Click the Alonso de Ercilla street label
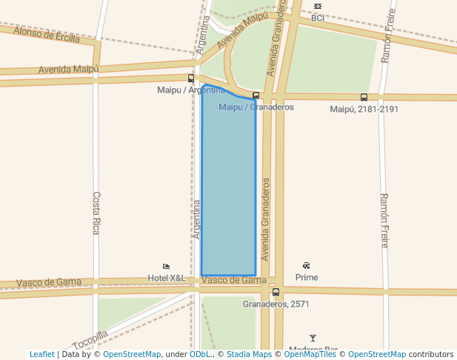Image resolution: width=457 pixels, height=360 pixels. pos(47,34)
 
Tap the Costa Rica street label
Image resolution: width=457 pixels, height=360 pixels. pos(96,213)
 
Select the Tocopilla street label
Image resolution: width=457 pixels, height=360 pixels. pos(90,339)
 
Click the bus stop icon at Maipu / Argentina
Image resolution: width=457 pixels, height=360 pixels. pos(191,79)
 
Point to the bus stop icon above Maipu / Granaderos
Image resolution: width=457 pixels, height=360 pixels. pos(256,96)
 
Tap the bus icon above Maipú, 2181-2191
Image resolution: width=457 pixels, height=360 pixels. pos(364,97)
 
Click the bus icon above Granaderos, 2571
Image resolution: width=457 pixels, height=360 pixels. pos(276,293)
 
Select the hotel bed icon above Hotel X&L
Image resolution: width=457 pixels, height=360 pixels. pos(166,267)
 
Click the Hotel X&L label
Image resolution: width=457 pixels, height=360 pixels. pos(167,278)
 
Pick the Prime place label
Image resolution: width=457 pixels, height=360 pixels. pos(307,278)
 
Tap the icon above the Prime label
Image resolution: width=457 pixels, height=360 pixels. pos(307,266)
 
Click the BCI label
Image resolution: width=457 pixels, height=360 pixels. pos(318,17)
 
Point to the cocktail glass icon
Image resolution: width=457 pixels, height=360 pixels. pos(313,339)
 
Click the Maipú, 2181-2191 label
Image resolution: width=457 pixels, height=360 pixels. pos(364,109)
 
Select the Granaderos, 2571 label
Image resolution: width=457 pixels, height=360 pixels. pos(276,304)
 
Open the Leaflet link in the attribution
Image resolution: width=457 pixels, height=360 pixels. pos(42,354)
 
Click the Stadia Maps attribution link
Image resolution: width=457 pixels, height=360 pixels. pos(249,354)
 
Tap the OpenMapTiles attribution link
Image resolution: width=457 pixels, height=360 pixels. pos(310,354)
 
